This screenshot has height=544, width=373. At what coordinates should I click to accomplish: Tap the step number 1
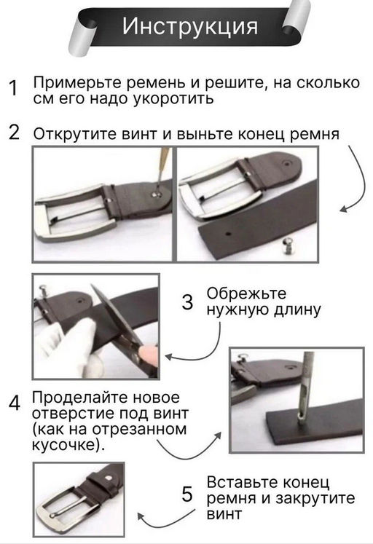pyautogui.click(x=12, y=89)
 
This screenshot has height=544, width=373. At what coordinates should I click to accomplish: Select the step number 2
pyautogui.click(x=14, y=133)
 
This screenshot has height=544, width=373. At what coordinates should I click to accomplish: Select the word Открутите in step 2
pyautogui.click(x=66, y=135)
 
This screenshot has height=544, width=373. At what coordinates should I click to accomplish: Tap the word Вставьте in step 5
pyautogui.click(x=237, y=483)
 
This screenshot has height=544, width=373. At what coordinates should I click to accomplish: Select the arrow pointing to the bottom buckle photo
pyautogui.click(x=157, y=519)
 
